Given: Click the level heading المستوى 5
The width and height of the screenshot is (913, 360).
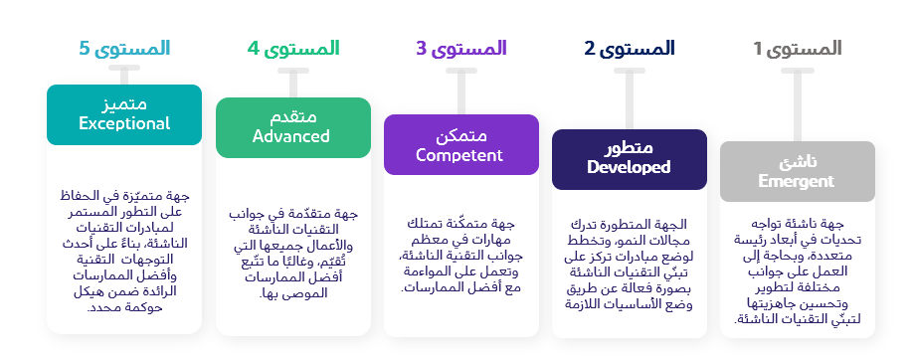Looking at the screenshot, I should (x=123, y=48).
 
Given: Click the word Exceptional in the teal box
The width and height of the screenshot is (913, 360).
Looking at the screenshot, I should (x=124, y=123).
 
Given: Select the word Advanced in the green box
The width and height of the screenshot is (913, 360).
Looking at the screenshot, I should (x=291, y=136).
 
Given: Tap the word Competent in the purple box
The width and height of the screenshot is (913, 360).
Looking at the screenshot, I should (x=460, y=154).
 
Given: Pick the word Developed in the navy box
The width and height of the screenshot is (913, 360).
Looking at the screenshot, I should (x=629, y=167).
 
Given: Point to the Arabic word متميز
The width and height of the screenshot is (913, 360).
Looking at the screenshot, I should (x=124, y=103).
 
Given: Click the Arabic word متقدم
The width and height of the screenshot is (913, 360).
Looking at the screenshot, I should (x=291, y=116).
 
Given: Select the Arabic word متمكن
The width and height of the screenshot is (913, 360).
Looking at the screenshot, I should (x=460, y=134).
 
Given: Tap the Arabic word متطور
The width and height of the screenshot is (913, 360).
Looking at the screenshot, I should (x=629, y=148).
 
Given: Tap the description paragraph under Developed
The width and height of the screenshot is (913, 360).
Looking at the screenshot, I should (x=629, y=268).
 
